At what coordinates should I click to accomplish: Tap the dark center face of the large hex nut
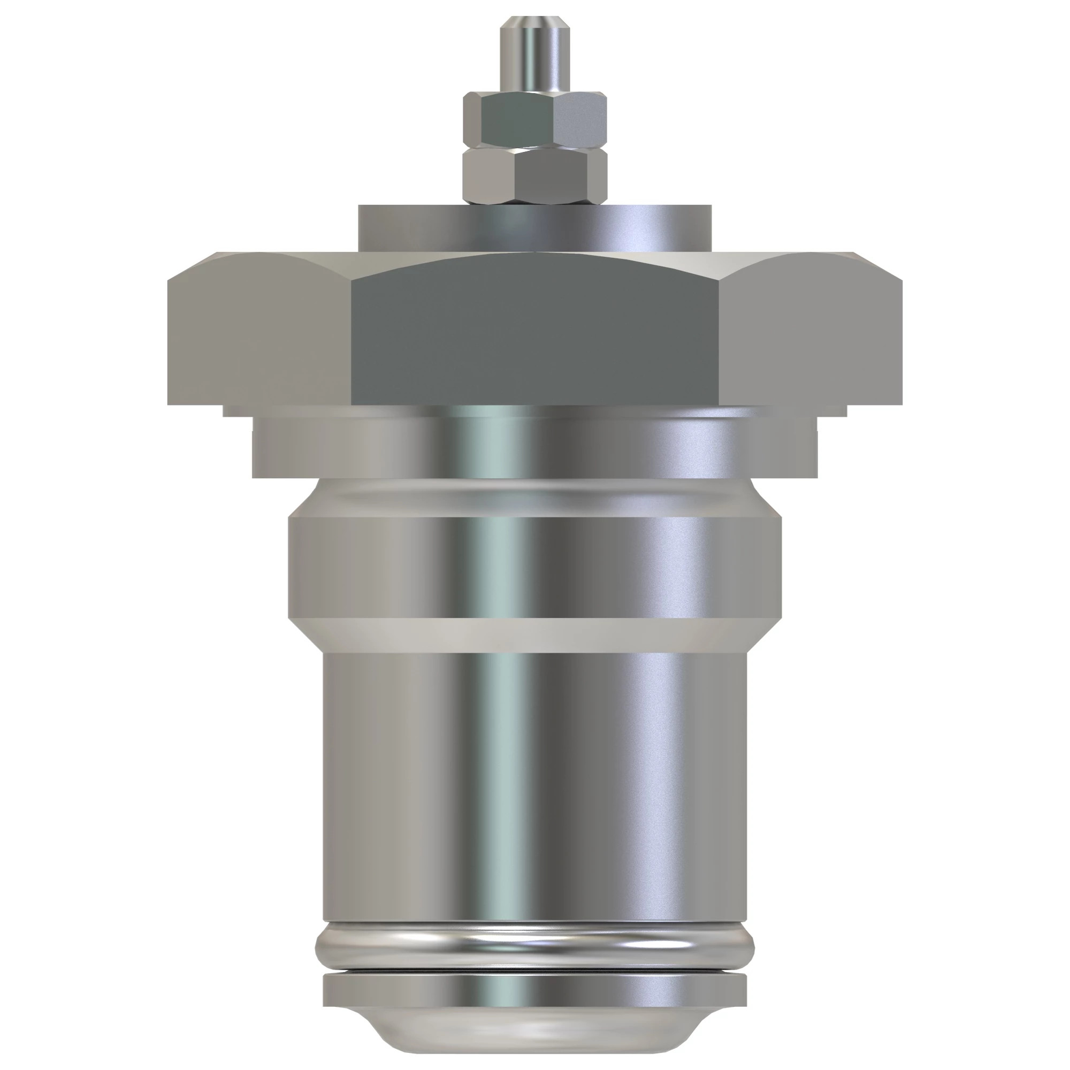click(x=535, y=332)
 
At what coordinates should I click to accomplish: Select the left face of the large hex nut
click(x=261, y=332)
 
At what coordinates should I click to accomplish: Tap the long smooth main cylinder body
click(x=535, y=775)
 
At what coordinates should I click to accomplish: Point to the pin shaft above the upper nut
click(x=535, y=61)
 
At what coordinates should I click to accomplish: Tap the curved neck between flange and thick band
click(x=535, y=496)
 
